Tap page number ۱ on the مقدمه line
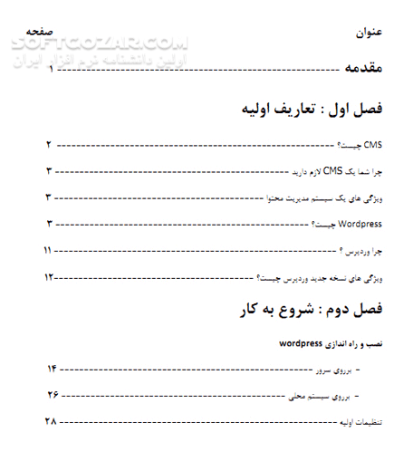coord(51,68)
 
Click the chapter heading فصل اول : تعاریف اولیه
coord(306,109)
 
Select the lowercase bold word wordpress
coord(302,344)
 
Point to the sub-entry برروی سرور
coord(335,370)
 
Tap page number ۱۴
coord(51,370)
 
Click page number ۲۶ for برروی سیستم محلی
coord(51,396)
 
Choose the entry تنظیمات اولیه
coord(359,422)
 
